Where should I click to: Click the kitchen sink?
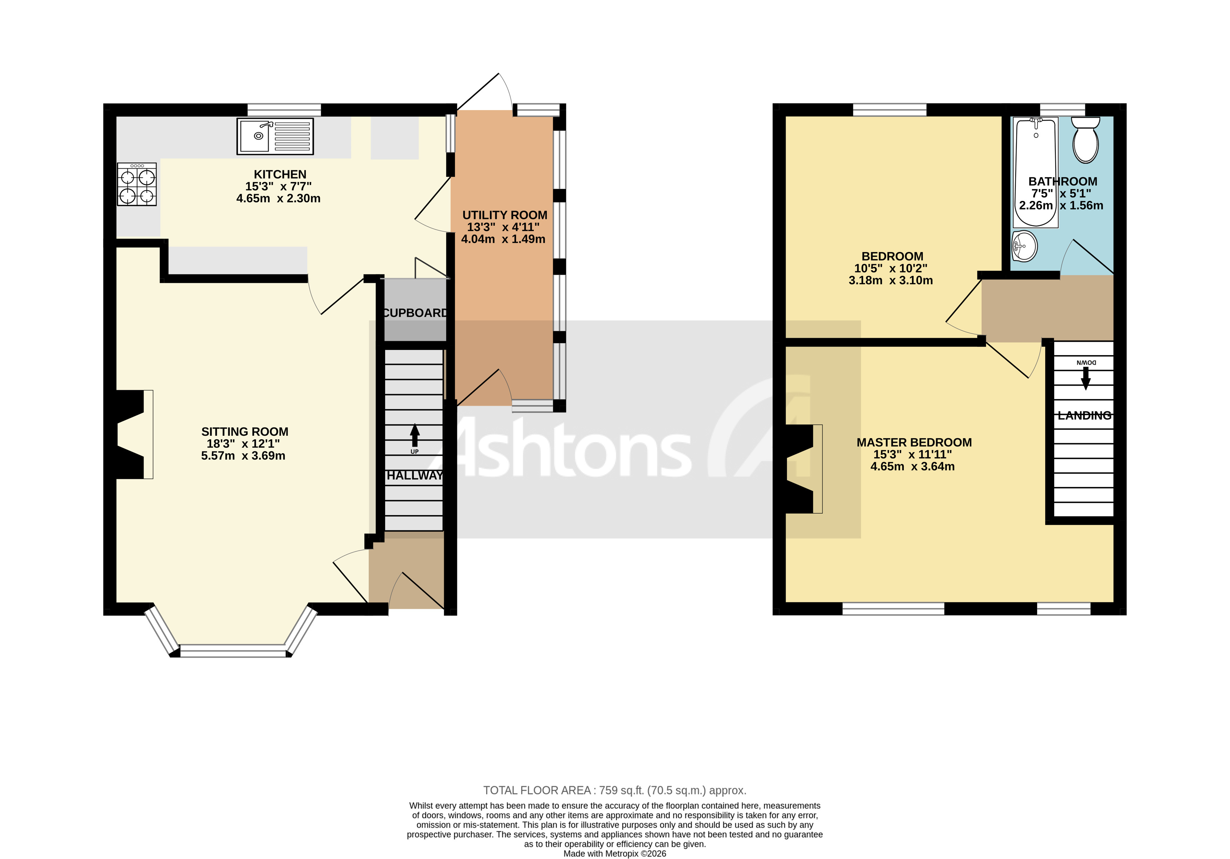tap(275, 136)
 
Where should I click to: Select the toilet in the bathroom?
tap(1086, 140)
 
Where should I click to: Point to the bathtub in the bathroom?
tap(1036, 173)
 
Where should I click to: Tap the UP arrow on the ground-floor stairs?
tap(415, 436)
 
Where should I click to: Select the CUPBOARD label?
tap(415, 313)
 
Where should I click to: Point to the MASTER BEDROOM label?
tap(914, 442)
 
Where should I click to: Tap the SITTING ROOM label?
tap(245, 432)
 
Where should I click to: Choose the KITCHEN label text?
tap(280, 175)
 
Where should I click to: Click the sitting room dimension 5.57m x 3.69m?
tap(243, 456)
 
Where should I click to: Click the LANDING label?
tap(1084, 415)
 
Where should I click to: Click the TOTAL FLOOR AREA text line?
tap(614, 790)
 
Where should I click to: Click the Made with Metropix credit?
tap(614, 854)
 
